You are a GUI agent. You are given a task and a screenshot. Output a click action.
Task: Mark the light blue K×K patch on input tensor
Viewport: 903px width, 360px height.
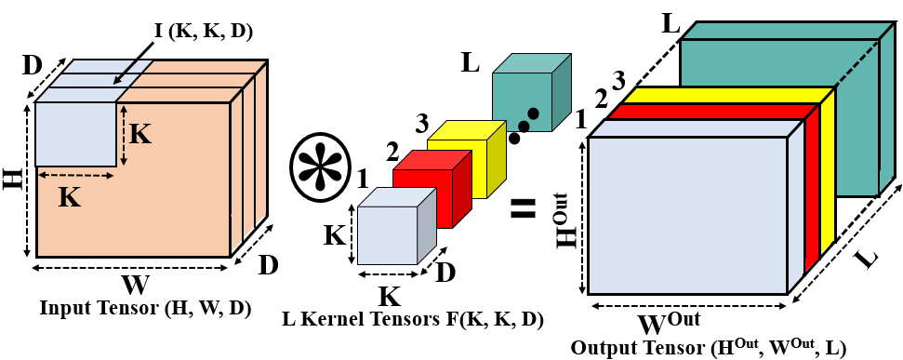(x=74, y=133)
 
